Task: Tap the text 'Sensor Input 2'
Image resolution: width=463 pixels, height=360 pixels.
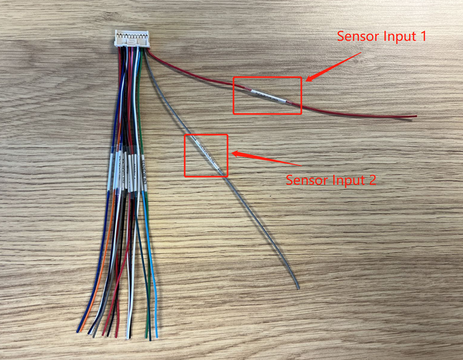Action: [x=331, y=180]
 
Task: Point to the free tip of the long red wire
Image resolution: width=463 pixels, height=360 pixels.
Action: [x=415, y=116]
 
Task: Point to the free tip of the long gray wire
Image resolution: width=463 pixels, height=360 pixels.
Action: [x=298, y=288]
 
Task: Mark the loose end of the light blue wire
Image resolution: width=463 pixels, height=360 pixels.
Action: [x=156, y=336]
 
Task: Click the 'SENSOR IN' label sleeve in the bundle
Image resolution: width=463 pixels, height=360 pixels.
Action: [x=143, y=172]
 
